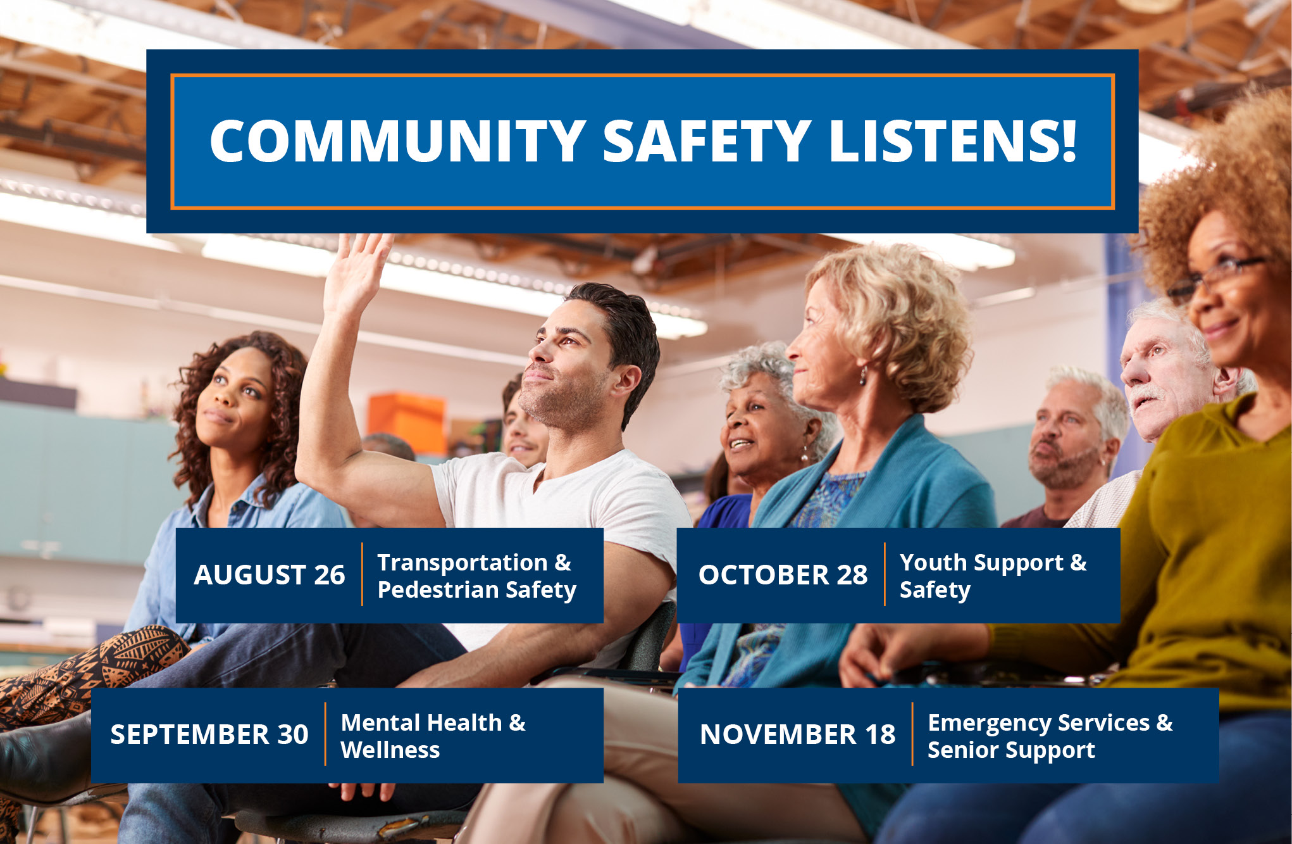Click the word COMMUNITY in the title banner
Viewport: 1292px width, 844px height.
tap(397, 141)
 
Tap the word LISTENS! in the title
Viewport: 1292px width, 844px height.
tap(953, 141)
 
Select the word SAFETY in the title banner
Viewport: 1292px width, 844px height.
tap(707, 141)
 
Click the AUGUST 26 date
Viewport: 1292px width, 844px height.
tap(270, 575)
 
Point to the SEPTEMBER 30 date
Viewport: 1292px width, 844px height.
tap(209, 734)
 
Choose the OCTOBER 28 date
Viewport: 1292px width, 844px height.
tap(783, 575)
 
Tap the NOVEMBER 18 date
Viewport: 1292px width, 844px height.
tap(797, 734)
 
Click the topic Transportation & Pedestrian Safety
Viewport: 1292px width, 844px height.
tap(476, 576)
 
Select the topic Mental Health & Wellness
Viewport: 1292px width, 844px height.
tap(433, 736)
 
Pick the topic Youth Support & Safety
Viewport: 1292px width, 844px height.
tap(993, 576)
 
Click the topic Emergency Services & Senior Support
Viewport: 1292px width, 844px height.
tap(1050, 736)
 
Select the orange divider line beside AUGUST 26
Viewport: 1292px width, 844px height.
tap(362, 574)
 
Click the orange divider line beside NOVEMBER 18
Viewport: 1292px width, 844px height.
tap(912, 734)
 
